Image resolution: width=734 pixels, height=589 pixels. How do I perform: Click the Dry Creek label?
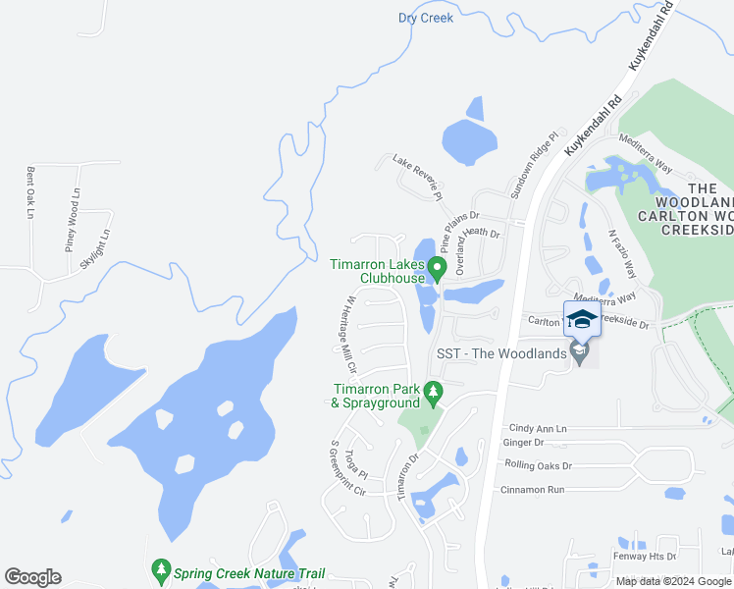point(426,18)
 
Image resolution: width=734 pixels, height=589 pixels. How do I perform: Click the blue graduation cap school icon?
point(581,319)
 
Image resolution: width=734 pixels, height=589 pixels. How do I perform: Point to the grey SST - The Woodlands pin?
point(579,353)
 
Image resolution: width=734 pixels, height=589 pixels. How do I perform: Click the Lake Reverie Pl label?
point(418,177)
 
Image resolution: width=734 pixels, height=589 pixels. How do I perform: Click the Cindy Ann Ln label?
point(538,429)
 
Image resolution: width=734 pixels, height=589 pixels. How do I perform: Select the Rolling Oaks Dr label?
point(538,464)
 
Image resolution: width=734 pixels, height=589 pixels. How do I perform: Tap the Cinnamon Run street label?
point(533,489)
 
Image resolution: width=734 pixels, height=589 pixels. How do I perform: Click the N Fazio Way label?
point(621,253)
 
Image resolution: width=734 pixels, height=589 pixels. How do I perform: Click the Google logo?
point(32,577)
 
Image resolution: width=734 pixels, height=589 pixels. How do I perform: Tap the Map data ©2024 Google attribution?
point(673,581)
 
